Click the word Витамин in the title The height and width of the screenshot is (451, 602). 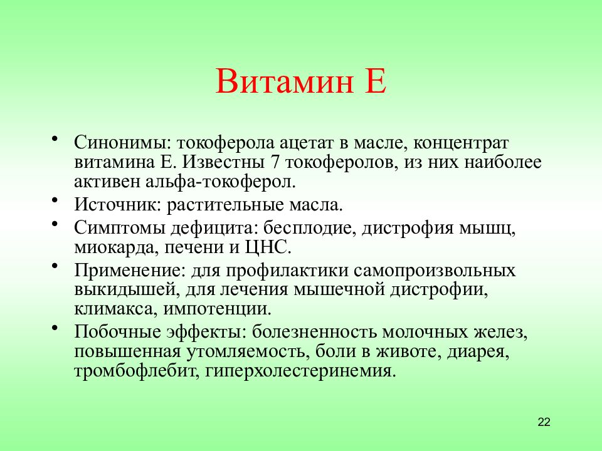(284, 81)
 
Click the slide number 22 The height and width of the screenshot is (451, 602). (544, 422)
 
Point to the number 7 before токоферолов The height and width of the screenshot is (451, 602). (275, 162)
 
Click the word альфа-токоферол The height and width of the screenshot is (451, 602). (221, 182)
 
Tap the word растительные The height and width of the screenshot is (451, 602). (225, 205)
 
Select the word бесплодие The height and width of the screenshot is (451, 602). (307, 228)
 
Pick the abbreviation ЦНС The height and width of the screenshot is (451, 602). (268, 247)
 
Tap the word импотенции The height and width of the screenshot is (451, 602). (218, 309)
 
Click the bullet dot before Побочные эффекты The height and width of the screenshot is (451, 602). (55, 327)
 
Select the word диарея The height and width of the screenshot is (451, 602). (478, 352)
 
